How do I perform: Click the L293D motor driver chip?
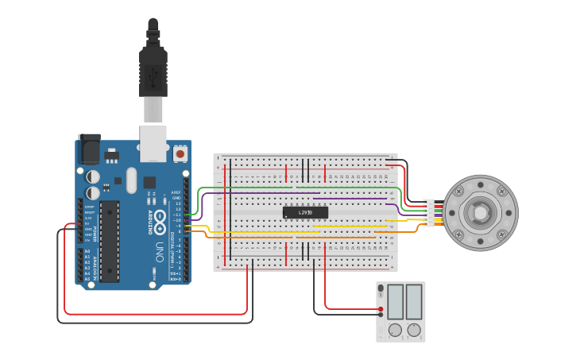click(305, 212)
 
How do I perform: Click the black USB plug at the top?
click(153, 68)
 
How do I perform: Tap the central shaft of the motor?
click(480, 213)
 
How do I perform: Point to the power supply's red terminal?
click(381, 308)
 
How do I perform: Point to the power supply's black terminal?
click(381, 315)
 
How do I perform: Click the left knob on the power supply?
click(394, 329)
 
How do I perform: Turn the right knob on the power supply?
click(414, 329)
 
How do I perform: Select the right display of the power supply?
click(414, 301)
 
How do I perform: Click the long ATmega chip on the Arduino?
click(110, 241)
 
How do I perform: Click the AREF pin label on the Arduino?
click(176, 192)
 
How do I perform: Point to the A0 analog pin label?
click(87, 251)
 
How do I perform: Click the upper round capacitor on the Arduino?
click(93, 176)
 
